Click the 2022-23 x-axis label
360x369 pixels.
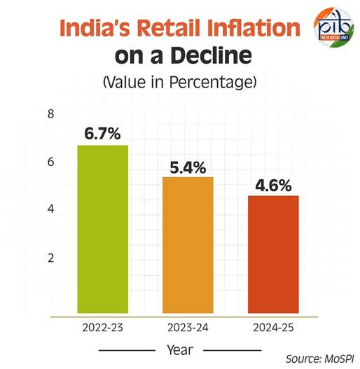(x=103, y=327)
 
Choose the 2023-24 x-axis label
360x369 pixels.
(x=188, y=327)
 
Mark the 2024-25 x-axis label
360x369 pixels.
(x=274, y=327)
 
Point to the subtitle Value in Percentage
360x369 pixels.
(x=180, y=81)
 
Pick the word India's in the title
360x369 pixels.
(x=95, y=29)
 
